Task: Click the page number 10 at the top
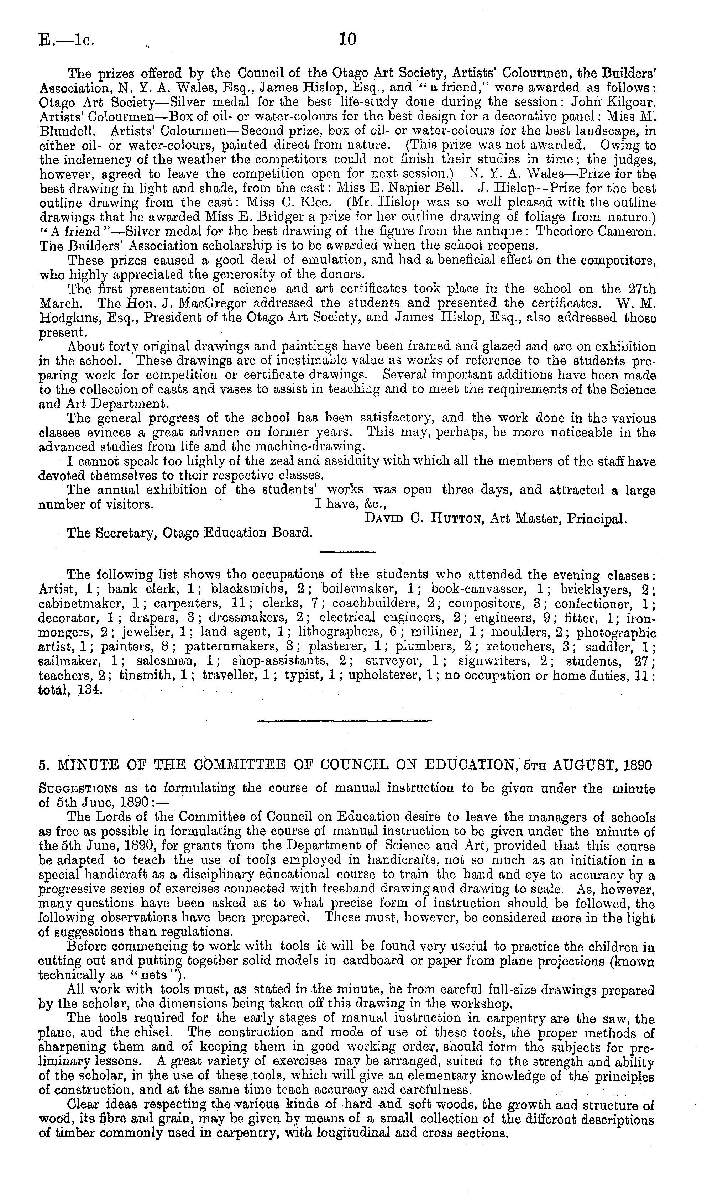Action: (x=348, y=39)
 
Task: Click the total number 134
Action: (x=89, y=690)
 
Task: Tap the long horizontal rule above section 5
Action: (x=344, y=721)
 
